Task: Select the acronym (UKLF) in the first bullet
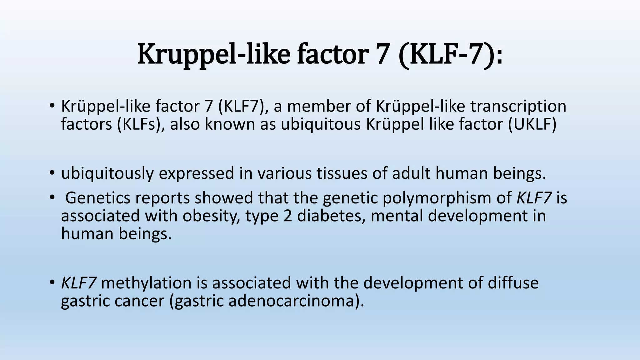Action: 532,124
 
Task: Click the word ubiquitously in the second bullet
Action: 107,173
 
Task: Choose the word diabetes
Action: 331,216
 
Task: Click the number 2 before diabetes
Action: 288,216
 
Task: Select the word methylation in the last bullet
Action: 146,283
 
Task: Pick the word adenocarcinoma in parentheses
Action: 293,301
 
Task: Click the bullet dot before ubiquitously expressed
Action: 52,173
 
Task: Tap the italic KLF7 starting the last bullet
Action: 78,283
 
